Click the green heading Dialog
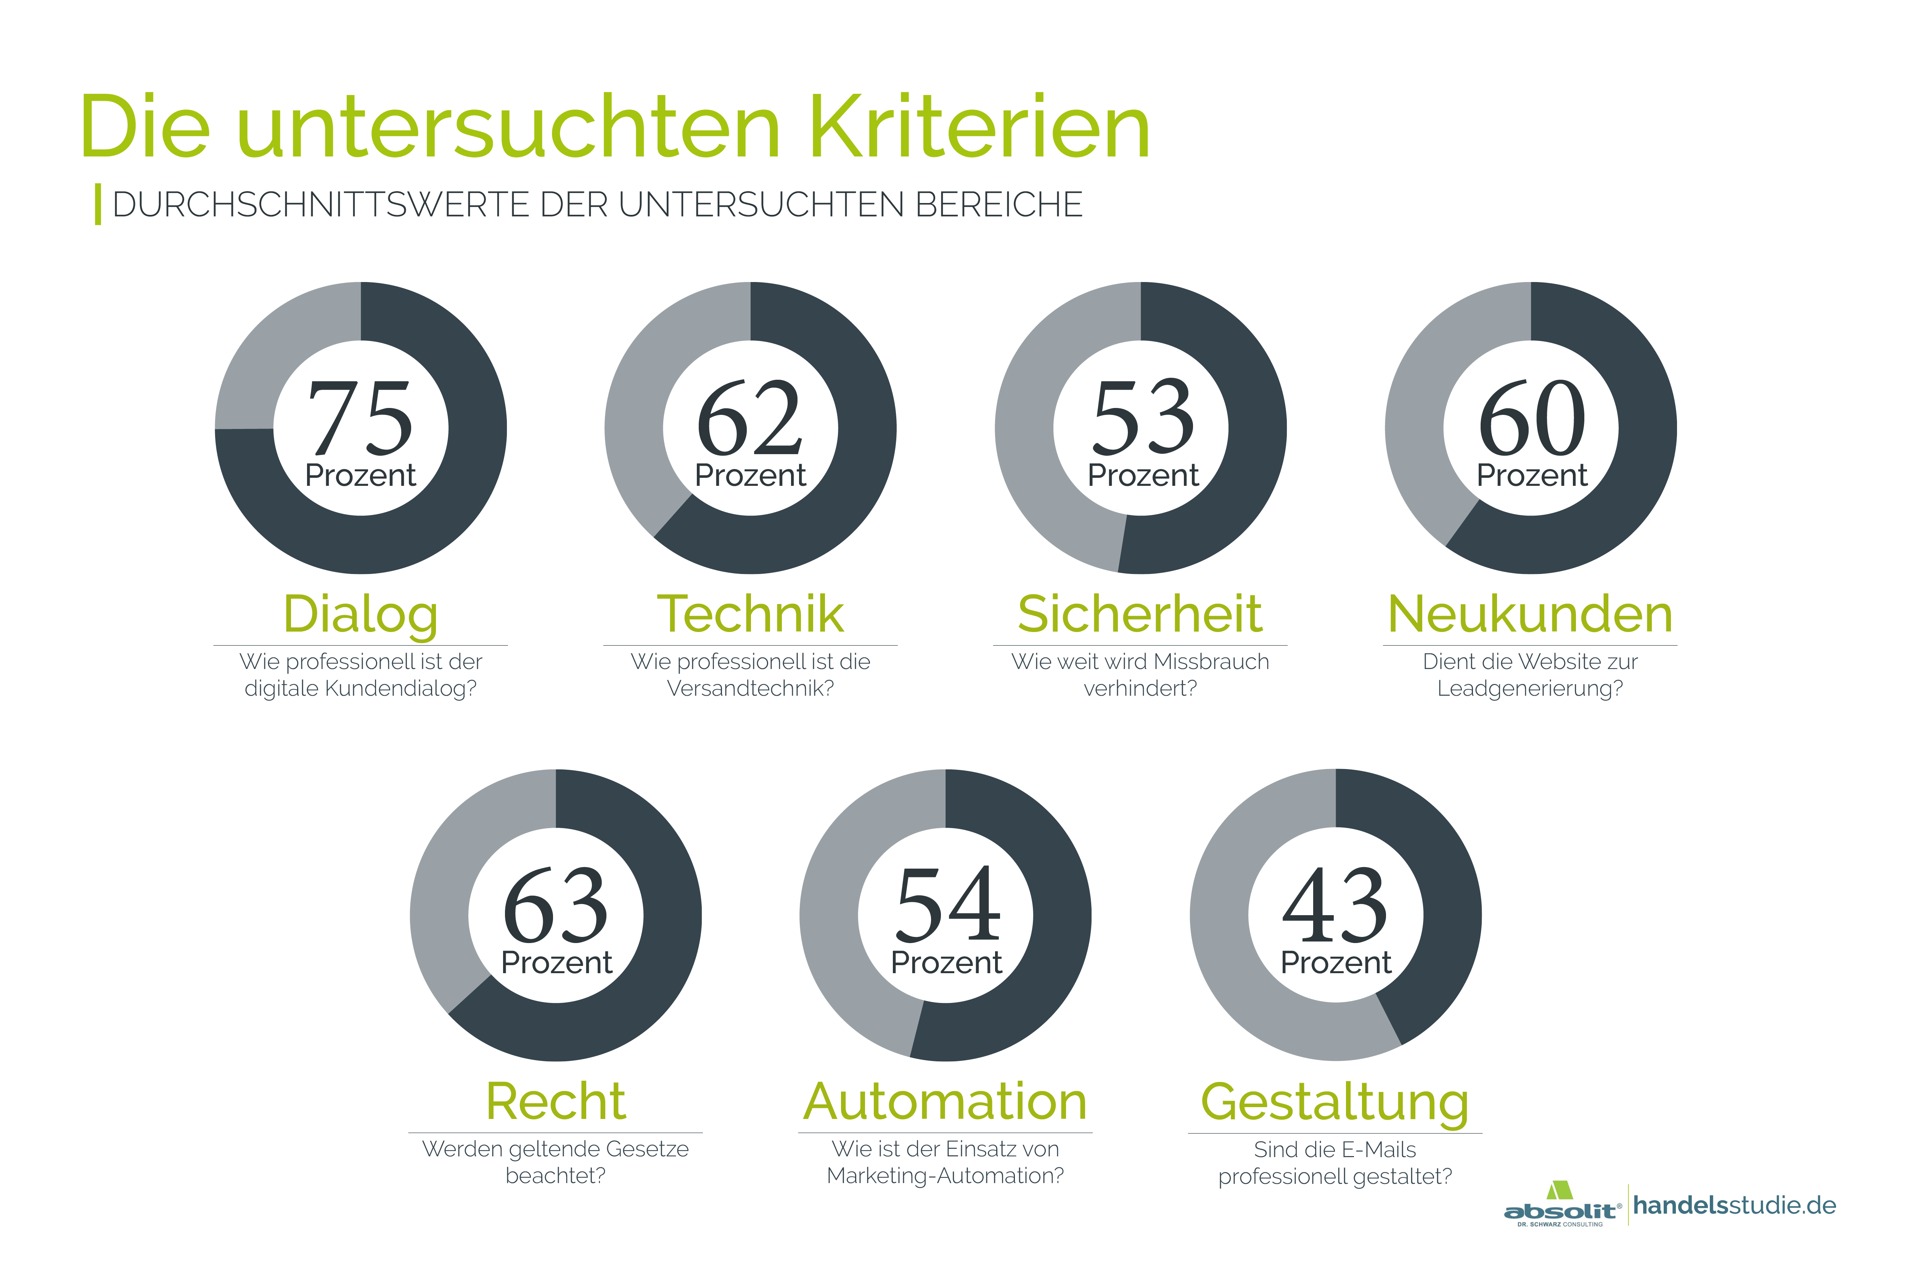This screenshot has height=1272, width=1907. (361, 614)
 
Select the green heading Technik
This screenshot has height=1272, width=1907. (750, 614)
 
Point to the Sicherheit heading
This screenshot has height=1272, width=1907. (1140, 614)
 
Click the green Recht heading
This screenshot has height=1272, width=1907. (555, 1102)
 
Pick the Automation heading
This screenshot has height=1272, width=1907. (945, 1102)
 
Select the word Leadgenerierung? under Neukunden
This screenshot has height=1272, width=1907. (1530, 689)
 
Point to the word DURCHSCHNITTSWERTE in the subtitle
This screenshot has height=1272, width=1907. (320, 205)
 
